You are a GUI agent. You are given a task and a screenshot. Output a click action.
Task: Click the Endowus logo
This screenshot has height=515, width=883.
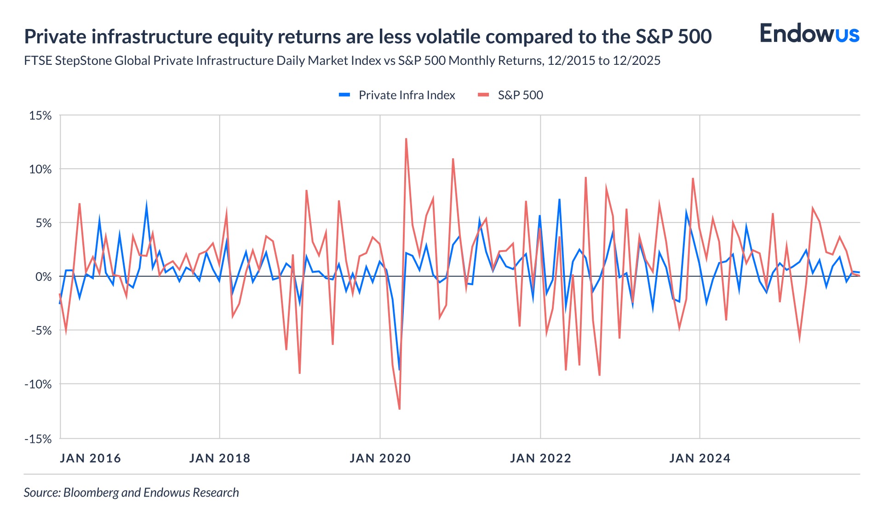click(809, 34)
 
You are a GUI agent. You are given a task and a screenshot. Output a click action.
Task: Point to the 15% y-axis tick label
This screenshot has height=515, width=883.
click(40, 115)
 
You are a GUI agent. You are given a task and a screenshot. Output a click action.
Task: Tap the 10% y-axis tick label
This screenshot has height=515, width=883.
click(40, 169)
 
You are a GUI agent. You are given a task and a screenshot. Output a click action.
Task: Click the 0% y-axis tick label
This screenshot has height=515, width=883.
click(43, 277)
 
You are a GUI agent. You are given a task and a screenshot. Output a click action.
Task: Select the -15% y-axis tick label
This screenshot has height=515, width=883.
click(38, 439)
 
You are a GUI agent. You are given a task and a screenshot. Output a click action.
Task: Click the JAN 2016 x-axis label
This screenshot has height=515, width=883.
click(90, 458)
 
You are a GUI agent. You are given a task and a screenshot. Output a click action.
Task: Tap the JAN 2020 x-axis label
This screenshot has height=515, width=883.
click(380, 458)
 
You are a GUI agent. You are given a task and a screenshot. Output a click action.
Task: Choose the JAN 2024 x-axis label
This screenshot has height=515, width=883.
click(700, 458)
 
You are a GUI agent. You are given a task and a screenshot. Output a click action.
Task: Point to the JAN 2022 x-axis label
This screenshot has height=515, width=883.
click(540, 458)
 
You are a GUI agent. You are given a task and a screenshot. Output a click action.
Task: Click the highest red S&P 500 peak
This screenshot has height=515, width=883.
click(406, 139)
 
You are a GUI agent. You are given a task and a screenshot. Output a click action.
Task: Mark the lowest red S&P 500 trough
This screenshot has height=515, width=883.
click(399, 408)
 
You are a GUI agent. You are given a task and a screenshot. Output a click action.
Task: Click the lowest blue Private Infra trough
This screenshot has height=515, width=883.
click(399, 369)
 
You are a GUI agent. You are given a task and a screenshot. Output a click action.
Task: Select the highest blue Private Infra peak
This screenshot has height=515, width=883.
click(559, 200)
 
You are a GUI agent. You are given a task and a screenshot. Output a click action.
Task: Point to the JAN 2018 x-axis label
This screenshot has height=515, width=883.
click(219, 458)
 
